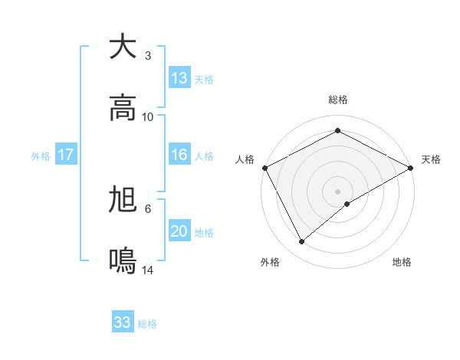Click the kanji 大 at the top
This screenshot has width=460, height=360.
pos(123,47)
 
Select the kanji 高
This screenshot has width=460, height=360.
pos(123,108)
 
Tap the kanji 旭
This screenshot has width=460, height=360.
pos(123,200)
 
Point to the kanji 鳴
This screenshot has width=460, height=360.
pos(123,261)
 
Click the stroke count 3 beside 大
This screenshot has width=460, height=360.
pos(148,56)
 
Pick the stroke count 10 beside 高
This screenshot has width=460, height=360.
pos(148,117)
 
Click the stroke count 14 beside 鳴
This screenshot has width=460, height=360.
pos(148,270)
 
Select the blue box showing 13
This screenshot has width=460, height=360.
pos(179,78)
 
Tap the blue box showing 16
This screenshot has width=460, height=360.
pos(179,155)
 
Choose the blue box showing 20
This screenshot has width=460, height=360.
pos(179,231)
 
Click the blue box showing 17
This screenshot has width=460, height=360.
pos(66,155)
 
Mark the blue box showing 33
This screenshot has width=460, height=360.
pos(123,322)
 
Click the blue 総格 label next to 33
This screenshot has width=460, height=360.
pos(147,324)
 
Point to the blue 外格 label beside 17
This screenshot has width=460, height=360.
pos(41,155)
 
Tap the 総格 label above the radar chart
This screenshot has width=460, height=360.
pos(338,100)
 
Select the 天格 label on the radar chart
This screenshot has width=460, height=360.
pos(431,159)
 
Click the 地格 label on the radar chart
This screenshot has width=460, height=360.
pos(402,262)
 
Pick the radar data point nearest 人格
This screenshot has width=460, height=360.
pos(264,167)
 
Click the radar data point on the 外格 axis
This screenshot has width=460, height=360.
pos(302,242)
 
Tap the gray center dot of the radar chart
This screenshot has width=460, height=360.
pos(338,191)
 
